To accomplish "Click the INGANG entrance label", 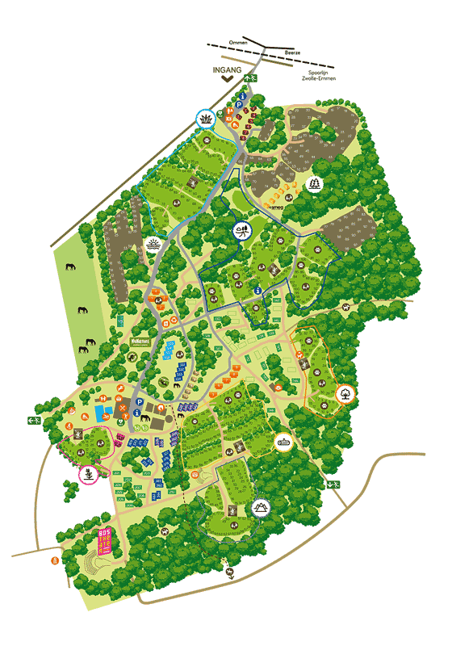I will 228,69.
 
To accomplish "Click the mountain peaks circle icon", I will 260,506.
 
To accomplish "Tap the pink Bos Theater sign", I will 103,539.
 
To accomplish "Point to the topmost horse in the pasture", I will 70,267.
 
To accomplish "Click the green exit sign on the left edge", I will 33,420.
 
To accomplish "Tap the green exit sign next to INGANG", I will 253,78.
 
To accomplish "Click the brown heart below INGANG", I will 228,80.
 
